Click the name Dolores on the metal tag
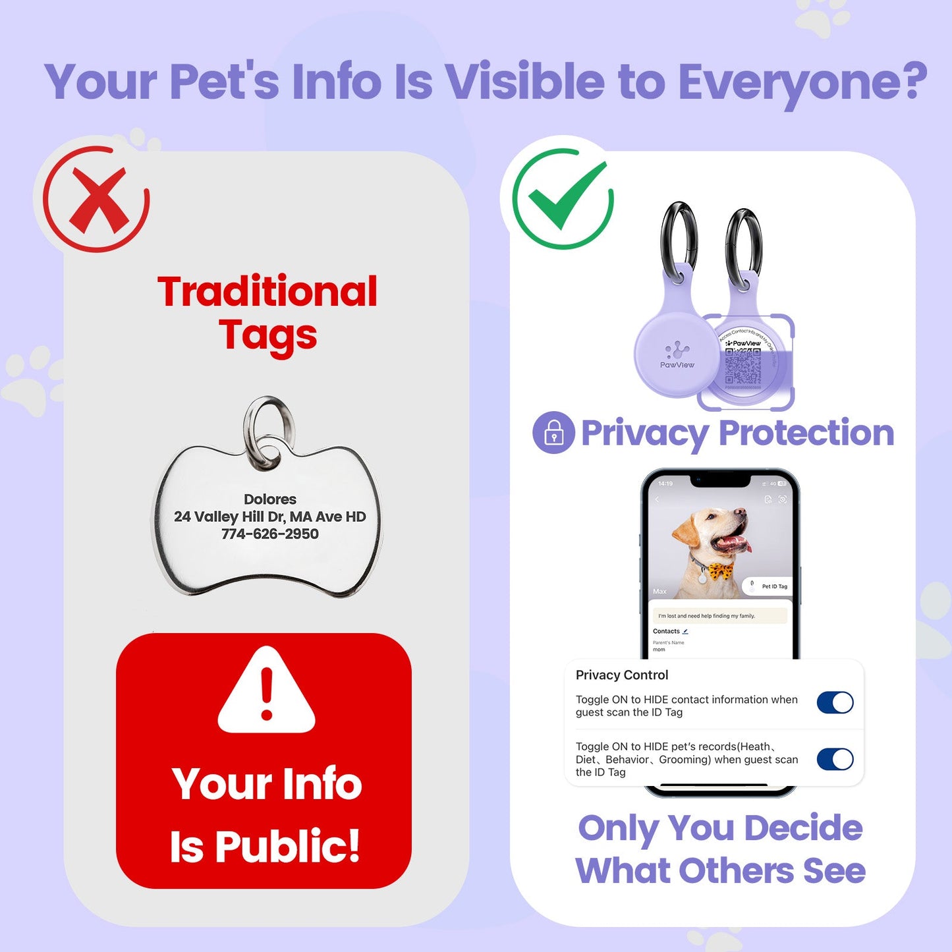[x=270, y=499]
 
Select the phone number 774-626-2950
[x=270, y=534]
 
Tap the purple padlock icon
[x=553, y=433]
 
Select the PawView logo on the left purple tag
[x=677, y=356]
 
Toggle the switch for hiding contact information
[x=835, y=703]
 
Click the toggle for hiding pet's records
[x=835, y=760]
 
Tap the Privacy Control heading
[x=622, y=675]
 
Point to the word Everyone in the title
[x=802, y=82]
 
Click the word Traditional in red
[x=267, y=292]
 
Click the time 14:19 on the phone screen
[x=665, y=484]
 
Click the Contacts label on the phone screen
[x=666, y=631]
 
